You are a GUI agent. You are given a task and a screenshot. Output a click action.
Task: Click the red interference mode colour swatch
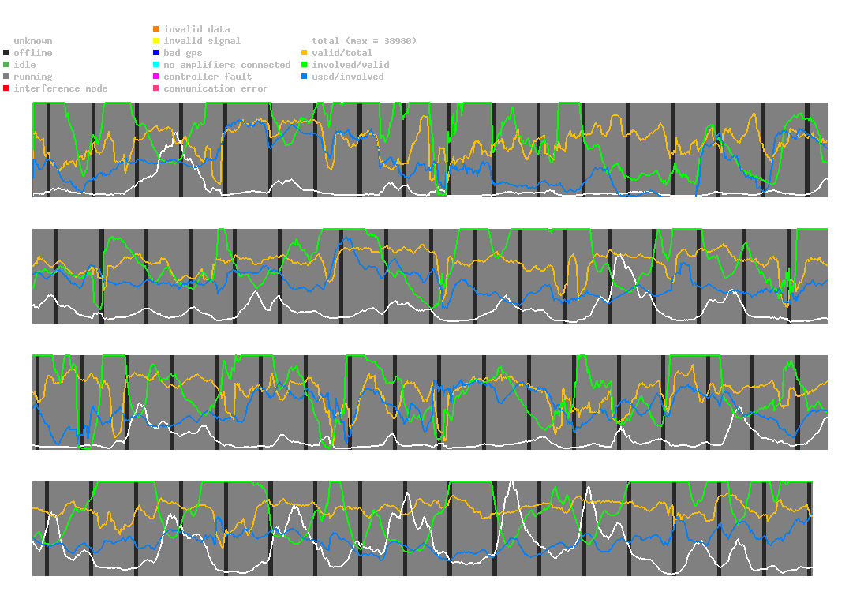click(x=6, y=88)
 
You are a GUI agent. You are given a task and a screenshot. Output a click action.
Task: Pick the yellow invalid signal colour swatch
click(x=156, y=41)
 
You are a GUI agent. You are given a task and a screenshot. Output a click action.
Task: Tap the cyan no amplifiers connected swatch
click(x=156, y=65)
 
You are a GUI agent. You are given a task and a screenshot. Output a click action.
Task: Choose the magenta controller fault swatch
click(x=156, y=77)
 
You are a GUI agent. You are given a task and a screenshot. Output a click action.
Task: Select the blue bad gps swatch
click(x=156, y=53)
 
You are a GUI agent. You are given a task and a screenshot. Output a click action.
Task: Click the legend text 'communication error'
click(x=215, y=88)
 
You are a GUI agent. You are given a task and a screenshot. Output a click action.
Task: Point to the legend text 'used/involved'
click(x=348, y=77)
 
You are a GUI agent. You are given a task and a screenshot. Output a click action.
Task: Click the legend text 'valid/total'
click(x=342, y=53)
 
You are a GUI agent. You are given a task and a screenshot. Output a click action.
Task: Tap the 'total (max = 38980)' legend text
click(x=364, y=41)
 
